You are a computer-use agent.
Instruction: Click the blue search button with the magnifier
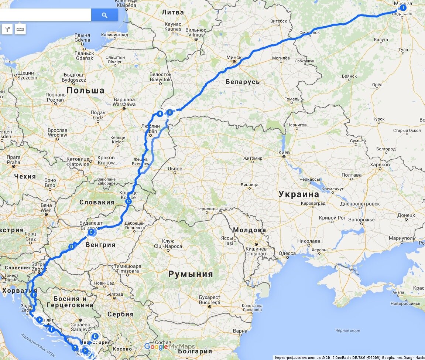pyautogui.click(x=104, y=15)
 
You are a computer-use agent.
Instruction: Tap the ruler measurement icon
pyautogui.click(x=20, y=29)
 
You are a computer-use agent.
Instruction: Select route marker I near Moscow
pyautogui.click(x=403, y=7)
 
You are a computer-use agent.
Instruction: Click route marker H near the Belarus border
pyautogui.click(x=169, y=112)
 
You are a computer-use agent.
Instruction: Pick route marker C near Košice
pyautogui.click(x=128, y=202)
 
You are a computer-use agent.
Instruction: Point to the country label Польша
pyautogui.click(x=86, y=91)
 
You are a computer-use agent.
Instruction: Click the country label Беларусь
pyautogui.click(x=243, y=82)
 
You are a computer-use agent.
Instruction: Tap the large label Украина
pyautogui.click(x=298, y=194)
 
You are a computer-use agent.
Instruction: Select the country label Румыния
pyautogui.click(x=191, y=274)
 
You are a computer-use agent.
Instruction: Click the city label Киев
pyautogui.click(x=284, y=152)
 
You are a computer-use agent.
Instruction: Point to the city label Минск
pyautogui.click(x=234, y=58)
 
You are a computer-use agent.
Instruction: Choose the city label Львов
pyautogui.click(x=175, y=169)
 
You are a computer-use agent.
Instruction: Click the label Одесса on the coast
pyautogui.click(x=287, y=254)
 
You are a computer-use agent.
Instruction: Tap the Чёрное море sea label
pyautogui.click(x=347, y=330)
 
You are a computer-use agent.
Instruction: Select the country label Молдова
pyautogui.click(x=249, y=230)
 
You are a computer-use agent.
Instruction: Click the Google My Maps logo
pyautogui.click(x=169, y=346)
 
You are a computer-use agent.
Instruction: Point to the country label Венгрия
pyautogui.click(x=100, y=245)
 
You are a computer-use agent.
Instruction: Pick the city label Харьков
pyautogui.click(x=380, y=164)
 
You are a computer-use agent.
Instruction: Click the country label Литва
pyautogui.click(x=172, y=12)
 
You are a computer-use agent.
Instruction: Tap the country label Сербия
pyautogui.click(x=120, y=314)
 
